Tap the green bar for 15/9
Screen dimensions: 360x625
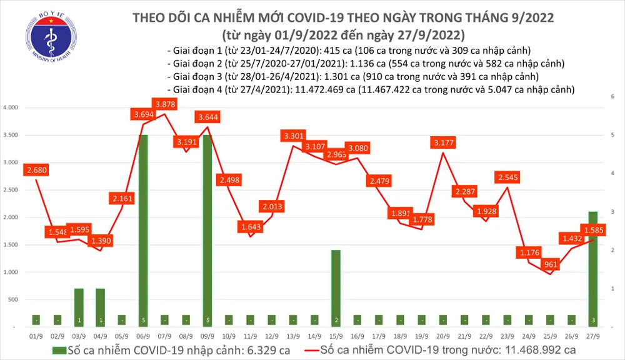click(336, 287)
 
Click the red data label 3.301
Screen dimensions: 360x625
click(294, 136)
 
